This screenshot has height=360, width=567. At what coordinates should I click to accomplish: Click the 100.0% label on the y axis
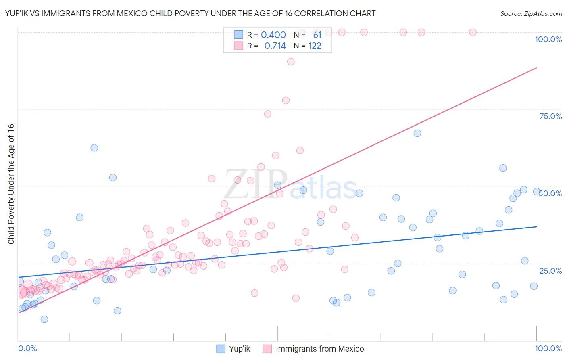548,39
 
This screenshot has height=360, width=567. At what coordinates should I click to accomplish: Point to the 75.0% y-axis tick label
550,116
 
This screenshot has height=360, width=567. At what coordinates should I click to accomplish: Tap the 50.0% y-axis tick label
550,193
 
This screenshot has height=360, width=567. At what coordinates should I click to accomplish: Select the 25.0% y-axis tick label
550,271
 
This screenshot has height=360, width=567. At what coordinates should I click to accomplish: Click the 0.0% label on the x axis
27,349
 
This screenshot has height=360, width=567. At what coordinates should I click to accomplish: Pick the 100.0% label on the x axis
548,349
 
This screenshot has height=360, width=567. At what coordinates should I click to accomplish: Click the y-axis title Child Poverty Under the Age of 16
11,184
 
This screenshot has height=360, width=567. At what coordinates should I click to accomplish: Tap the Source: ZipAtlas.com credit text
531,13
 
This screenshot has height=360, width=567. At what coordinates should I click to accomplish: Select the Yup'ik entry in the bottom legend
240,349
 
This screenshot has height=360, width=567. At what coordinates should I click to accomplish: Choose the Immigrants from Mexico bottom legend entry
319,349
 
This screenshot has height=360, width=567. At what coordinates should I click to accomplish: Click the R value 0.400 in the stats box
273,35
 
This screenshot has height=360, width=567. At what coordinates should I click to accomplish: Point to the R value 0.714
275,46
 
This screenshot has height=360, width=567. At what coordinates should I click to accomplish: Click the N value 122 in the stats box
315,46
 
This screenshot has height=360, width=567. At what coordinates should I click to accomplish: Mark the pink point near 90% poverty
291,62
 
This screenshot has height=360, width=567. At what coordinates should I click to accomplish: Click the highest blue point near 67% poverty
417,133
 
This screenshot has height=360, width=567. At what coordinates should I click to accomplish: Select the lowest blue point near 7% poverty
44,319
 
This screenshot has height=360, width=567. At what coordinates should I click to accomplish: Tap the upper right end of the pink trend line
536,68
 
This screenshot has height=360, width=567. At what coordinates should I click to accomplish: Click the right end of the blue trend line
536,227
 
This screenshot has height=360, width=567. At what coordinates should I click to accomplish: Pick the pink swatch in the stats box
238,46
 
